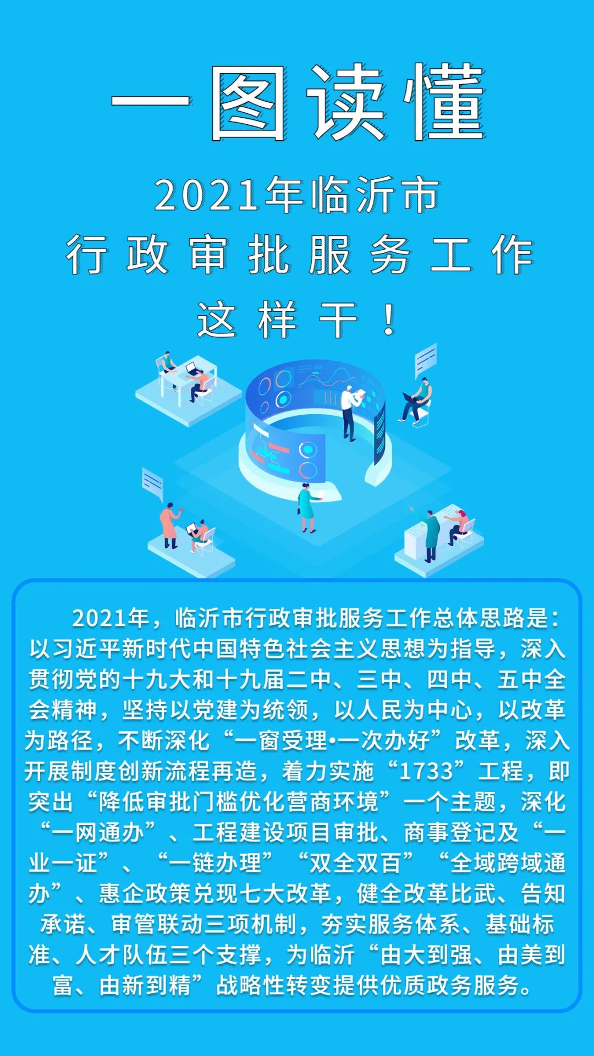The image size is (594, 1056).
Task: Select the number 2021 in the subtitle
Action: tap(206, 195)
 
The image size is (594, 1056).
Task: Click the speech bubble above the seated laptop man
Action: tap(426, 360)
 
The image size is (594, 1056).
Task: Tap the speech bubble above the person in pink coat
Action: tap(152, 483)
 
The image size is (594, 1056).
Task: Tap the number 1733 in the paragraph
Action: tap(426, 772)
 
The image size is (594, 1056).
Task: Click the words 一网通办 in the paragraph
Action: tap(98, 833)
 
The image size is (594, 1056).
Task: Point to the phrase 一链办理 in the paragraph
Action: tap(215, 863)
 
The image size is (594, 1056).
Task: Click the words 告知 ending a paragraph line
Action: tap(543, 893)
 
